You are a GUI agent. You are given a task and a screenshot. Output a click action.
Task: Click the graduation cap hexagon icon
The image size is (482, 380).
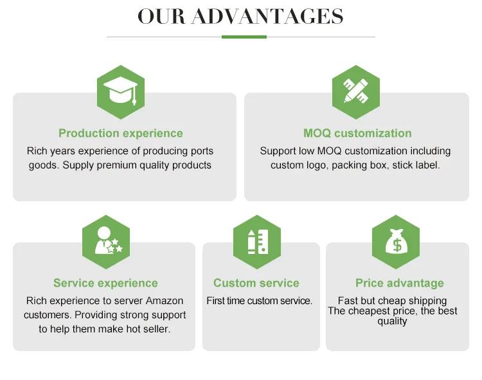120,92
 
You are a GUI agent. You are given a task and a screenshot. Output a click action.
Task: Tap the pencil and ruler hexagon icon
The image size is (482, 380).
355,92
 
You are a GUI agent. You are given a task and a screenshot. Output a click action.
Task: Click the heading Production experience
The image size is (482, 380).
121,134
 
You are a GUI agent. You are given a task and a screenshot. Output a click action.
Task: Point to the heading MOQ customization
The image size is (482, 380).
357,134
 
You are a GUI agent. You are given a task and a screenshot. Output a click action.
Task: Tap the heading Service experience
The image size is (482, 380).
105,284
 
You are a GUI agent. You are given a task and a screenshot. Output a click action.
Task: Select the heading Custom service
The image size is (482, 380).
256,284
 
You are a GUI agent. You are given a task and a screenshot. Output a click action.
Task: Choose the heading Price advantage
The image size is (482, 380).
400,284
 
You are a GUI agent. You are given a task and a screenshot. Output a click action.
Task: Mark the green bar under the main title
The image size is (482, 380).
244,37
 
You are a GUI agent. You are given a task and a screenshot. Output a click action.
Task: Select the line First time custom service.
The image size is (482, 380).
260,301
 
